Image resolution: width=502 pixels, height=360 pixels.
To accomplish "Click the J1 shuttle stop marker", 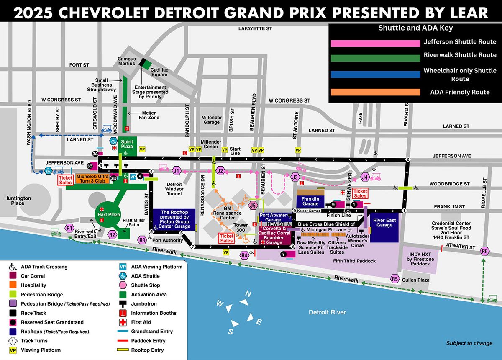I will click(x=177, y=171).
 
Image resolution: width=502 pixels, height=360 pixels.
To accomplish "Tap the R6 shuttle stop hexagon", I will click(x=484, y=251).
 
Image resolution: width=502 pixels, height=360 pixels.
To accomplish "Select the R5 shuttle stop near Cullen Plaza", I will click(x=394, y=278).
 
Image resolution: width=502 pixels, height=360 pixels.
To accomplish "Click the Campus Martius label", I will click(x=127, y=61).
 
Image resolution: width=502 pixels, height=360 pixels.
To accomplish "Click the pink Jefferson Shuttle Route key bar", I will click(x=375, y=43).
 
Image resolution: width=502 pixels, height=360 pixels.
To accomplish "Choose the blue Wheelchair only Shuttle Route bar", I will click(x=375, y=75).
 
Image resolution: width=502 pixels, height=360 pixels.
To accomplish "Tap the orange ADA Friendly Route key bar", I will click(x=375, y=92).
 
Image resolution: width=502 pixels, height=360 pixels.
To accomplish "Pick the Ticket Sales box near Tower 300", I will click(x=227, y=238).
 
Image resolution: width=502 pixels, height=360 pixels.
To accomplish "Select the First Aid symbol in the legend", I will click(x=123, y=322).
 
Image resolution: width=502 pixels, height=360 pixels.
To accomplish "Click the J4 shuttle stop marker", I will click(x=365, y=177).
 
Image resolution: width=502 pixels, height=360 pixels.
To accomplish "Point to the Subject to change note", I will click(x=469, y=343).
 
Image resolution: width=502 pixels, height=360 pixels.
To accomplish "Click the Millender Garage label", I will click(x=212, y=120).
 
